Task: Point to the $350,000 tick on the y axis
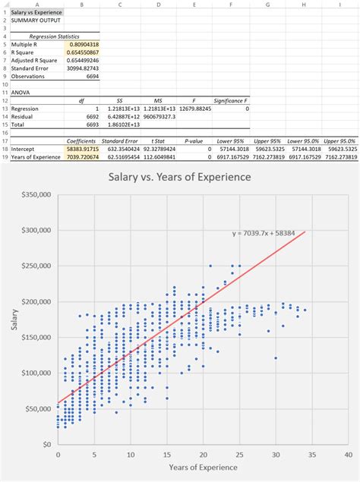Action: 36,195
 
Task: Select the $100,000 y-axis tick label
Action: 36,373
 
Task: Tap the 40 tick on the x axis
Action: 347,455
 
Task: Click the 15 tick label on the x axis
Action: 166,455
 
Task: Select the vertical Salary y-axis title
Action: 13,320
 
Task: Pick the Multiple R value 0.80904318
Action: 81,45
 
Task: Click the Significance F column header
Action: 230,100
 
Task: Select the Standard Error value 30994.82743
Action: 81,68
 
